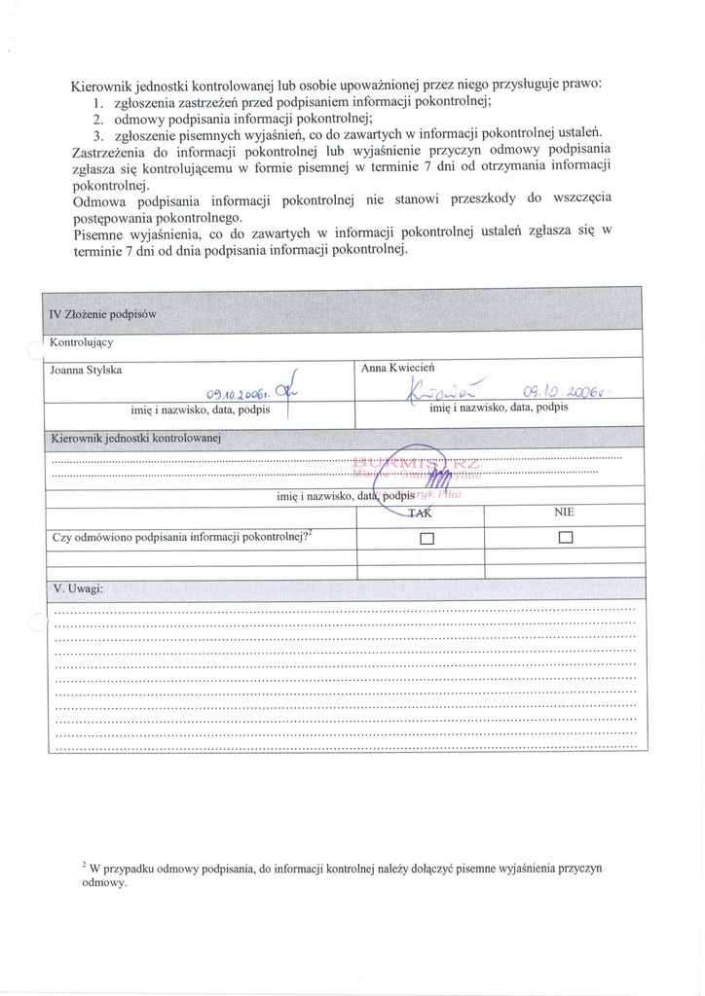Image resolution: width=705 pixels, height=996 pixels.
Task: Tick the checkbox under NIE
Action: [566, 538]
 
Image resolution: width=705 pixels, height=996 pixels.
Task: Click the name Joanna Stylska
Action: [87, 370]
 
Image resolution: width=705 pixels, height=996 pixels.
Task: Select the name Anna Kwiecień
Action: [397, 368]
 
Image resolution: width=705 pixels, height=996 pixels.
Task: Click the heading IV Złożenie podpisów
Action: [102, 314]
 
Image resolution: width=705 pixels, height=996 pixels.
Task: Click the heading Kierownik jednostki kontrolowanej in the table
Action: [136, 439]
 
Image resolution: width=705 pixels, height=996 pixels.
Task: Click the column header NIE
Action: [565, 513]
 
